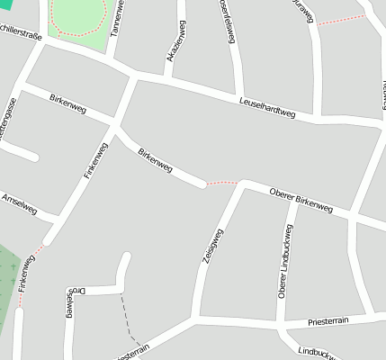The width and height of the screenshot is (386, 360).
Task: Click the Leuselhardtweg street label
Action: [x=267, y=108]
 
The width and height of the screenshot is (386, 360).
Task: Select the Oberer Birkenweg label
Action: [x=301, y=202]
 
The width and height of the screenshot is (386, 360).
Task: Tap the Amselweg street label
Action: [x=19, y=203]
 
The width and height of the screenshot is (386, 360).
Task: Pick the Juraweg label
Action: [x=304, y=12]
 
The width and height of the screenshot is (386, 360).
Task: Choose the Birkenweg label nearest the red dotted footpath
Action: [x=154, y=161]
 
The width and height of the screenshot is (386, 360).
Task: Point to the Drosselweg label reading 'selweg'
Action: [x=70, y=306]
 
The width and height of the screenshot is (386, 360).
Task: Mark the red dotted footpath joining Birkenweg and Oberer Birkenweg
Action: [x=221, y=184]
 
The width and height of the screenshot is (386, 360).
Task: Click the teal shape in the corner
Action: [x=4, y=4]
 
